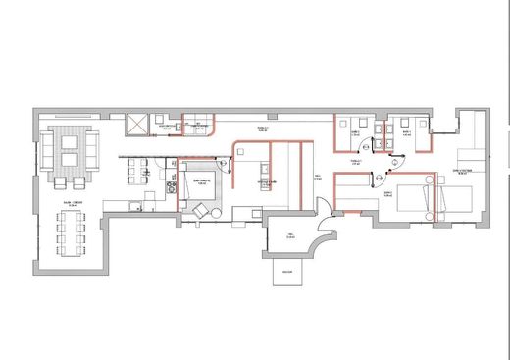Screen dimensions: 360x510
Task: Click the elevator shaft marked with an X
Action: (137, 125)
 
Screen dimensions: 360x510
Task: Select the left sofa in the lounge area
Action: (47, 149)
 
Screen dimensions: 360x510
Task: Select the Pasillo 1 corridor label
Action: (262, 129)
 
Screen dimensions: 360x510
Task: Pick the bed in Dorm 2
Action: (412, 194)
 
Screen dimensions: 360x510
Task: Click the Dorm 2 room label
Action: (388, 193)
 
